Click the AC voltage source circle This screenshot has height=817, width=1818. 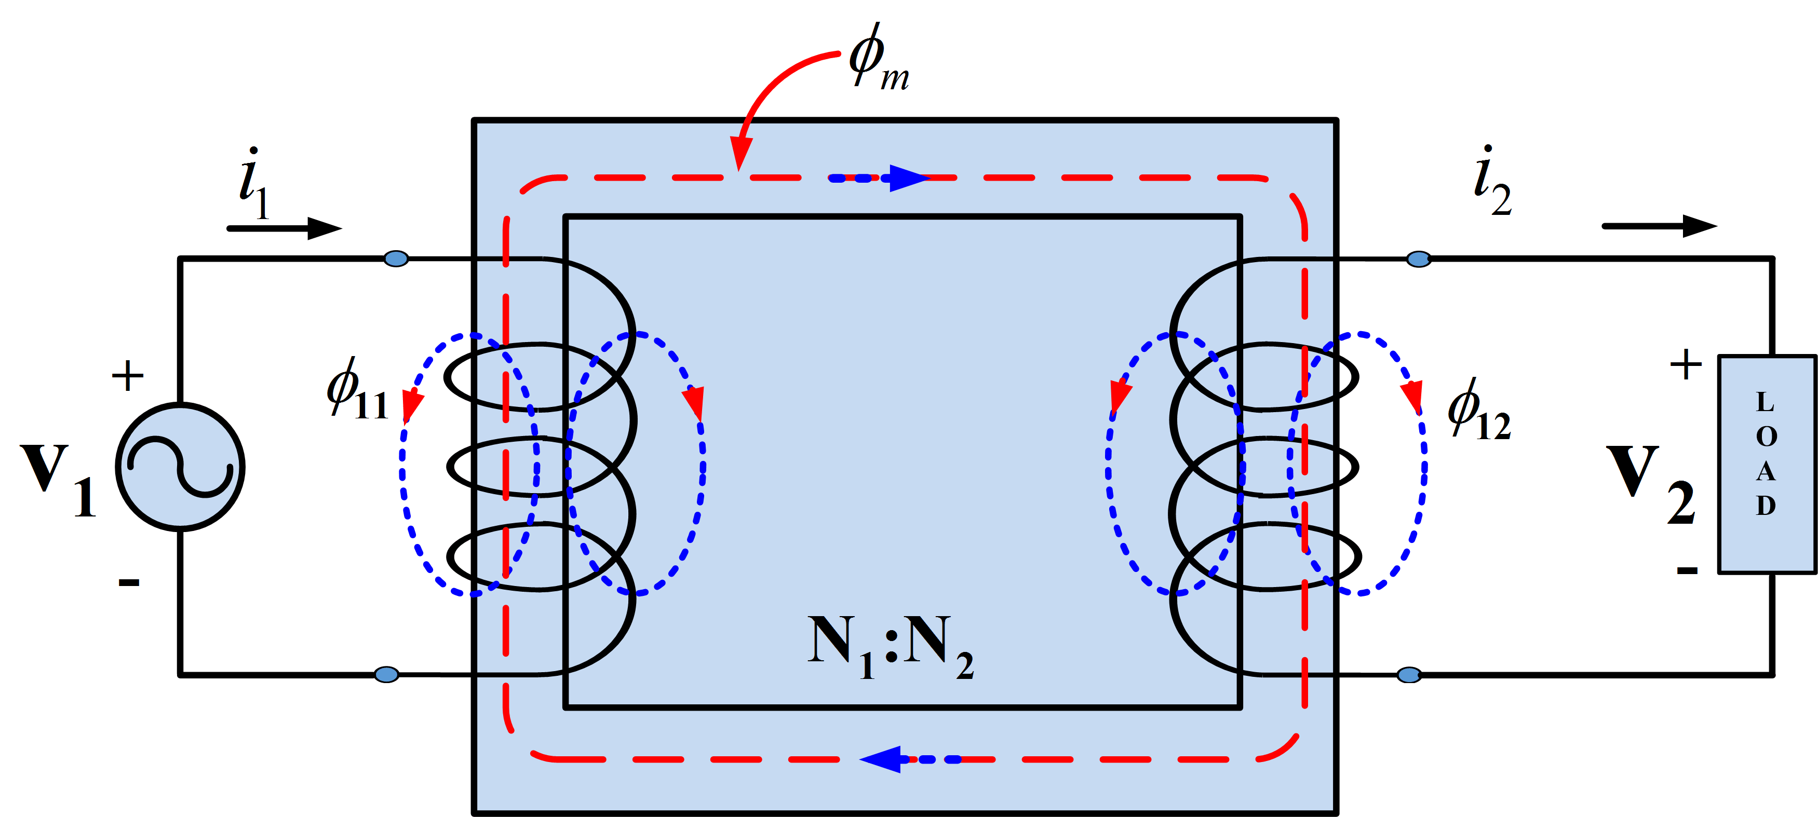click(180, 466)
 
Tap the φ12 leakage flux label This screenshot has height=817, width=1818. click(1478, 411)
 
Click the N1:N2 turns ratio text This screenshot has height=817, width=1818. click(891, 646)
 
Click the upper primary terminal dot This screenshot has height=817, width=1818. click(396, 259)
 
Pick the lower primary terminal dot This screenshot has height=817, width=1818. click(386, 674)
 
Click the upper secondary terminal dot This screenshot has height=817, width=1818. click(1419, 259)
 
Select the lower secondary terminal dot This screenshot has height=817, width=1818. click(1409, 674)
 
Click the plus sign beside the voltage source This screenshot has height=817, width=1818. click(128, 375)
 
